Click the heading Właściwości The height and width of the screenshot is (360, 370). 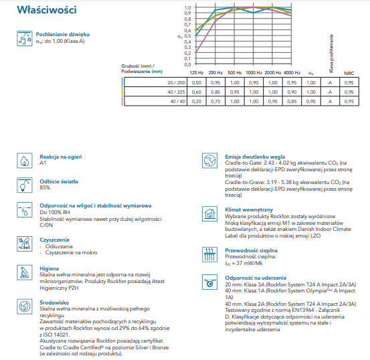tap(47, 10)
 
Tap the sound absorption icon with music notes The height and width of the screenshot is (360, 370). tap(25, 39)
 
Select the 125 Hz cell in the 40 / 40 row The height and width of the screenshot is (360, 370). tap(196, 101)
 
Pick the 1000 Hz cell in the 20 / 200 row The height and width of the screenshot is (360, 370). tap(254, 82)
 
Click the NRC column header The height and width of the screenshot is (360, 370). tap(349, 73)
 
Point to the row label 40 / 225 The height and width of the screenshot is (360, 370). tap(176, 92)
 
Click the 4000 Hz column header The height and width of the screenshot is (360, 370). tap(292, 73)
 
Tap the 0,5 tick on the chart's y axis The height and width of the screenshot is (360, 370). tap(187, 36)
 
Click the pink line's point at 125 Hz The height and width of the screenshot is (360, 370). tap(196, 53)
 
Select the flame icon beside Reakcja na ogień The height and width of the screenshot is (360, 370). tap(25, 161)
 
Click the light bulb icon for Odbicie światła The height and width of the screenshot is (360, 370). tap(25, 185)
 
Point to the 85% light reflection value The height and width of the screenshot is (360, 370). tap(45, 187)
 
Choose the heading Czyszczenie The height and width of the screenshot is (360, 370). tap(54, 240)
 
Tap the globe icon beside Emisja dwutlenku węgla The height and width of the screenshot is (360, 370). tap(210, 161)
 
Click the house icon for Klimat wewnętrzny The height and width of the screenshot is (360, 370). tap(210, 213)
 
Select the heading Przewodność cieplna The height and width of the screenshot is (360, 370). tap(251, 250)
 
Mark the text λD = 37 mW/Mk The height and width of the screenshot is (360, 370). tap(244, 264)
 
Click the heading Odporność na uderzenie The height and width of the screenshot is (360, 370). tap(256, 278)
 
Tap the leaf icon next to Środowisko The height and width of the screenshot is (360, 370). tap(25, 306)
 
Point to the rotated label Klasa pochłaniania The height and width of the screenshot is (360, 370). tap(331, 54)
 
